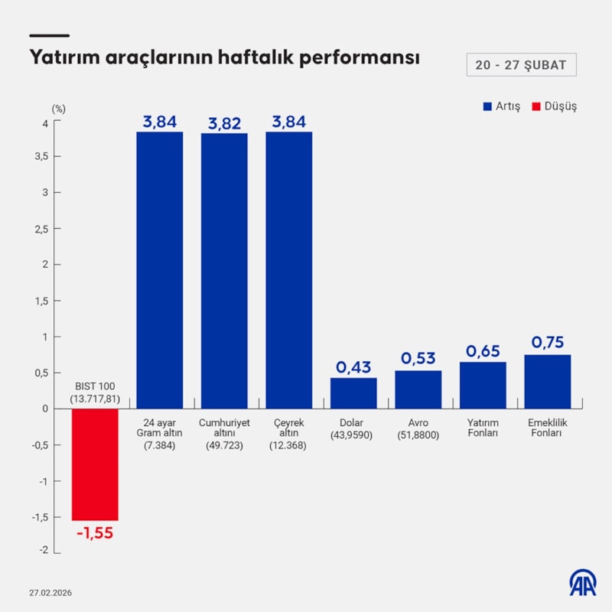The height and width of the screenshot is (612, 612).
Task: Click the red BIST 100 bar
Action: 95,464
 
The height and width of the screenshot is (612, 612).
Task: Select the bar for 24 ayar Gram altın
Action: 160,270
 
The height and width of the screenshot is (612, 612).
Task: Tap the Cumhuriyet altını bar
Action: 224,271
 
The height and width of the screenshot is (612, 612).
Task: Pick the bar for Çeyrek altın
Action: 289,270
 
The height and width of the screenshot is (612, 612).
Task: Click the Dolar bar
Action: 353,393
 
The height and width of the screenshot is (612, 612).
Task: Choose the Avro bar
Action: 418,389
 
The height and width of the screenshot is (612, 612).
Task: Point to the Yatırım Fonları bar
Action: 483,385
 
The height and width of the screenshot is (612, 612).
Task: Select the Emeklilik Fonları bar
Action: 548,381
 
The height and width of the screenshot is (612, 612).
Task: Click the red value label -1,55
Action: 95,533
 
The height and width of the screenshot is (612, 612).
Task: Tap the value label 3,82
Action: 224,122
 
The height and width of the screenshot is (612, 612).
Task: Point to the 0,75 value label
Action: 548,343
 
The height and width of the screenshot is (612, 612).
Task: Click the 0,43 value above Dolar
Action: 353,366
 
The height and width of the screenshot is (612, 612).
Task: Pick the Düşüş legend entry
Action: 556,106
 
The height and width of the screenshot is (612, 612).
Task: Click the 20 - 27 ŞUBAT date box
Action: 521,65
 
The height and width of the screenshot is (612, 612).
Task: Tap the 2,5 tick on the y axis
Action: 42,229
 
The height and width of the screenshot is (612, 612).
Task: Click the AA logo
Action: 583,583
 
